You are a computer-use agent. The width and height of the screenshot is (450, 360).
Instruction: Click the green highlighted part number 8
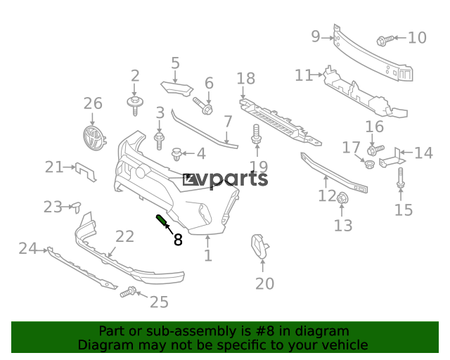[161, 220]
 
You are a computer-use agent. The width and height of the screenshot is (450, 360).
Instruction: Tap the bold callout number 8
[178, 240]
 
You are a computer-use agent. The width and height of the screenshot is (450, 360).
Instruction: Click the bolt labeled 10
[385, 40]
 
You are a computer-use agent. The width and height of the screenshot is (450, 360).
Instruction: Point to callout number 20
[264, 283]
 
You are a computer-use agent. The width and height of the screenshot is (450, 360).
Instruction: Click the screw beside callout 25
[128, 292]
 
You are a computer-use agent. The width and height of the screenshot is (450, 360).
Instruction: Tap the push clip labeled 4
[176, 154]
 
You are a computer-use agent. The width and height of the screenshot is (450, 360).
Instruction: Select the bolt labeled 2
[135, 105]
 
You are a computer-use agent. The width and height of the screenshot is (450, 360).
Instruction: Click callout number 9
[316, 37]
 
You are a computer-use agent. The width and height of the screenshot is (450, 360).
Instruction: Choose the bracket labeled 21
[86, 172]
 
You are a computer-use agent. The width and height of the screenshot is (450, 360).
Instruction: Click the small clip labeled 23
[77, 207]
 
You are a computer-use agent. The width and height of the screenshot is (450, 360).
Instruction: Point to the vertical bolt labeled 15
[401, 179]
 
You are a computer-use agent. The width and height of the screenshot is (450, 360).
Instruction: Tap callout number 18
[246, 78]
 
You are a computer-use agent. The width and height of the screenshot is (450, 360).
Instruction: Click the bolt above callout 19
[256, 134]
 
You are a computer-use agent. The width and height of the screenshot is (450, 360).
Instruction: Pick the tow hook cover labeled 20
[260, 247]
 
